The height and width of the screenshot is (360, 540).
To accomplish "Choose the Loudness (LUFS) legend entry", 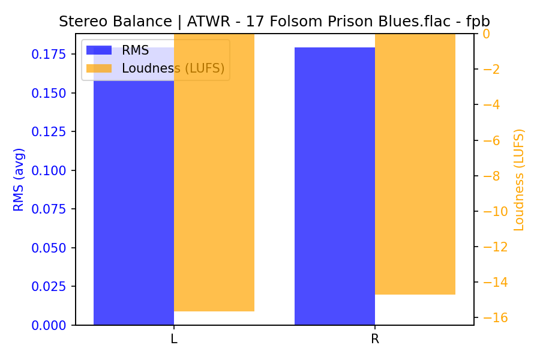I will pyautogui.click(x=173, y=68).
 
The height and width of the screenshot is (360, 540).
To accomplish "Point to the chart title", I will pyautogui.click(x=274, y=22).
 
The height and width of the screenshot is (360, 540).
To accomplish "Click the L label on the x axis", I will pyautogui.click(x=174, y=339).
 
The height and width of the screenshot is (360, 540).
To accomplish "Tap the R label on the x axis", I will pyautogui.click(x=375, y=339).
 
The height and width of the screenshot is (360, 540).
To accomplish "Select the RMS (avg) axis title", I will pyautogui.click(x=19, y=179).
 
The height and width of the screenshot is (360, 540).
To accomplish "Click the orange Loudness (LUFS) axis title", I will pyautogui.click(x=519, y=179).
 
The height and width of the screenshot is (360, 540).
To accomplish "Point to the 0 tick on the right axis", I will pyautogui.click(x=487, y=34).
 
